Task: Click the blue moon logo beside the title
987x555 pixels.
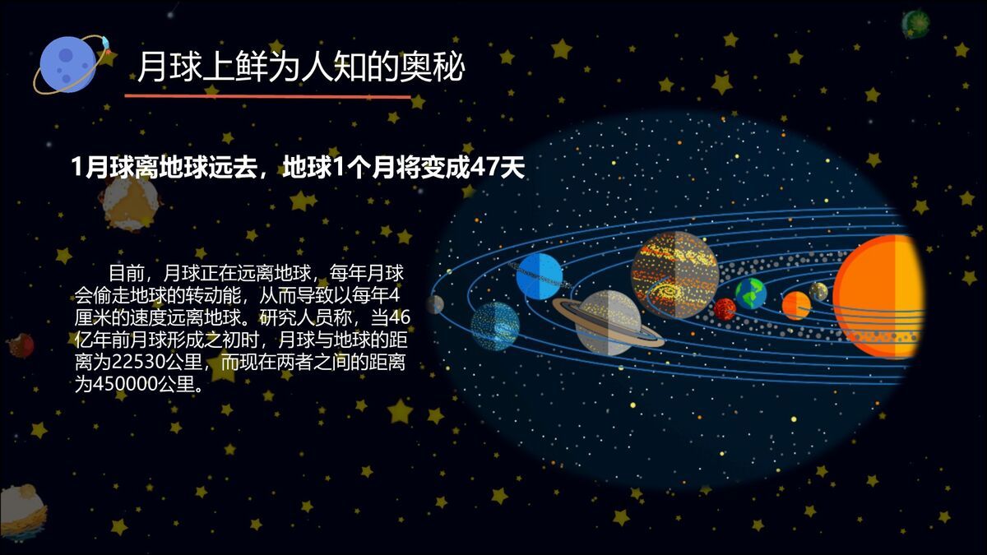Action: [68, 64]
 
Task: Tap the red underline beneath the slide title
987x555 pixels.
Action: [267, 96]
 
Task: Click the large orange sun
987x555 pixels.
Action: [878, 296]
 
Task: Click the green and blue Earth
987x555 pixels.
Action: [750, 293]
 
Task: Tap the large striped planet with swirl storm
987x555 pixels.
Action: [674, 275]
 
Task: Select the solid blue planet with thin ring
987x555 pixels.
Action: [540, 276]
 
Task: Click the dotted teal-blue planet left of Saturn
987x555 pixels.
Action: [495, 326]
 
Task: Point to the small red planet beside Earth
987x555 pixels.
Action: [725, 309]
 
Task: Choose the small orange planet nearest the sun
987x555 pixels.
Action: [795, 305]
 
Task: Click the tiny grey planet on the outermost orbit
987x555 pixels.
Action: [435, 304]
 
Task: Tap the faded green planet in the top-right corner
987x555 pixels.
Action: [915, 24]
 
